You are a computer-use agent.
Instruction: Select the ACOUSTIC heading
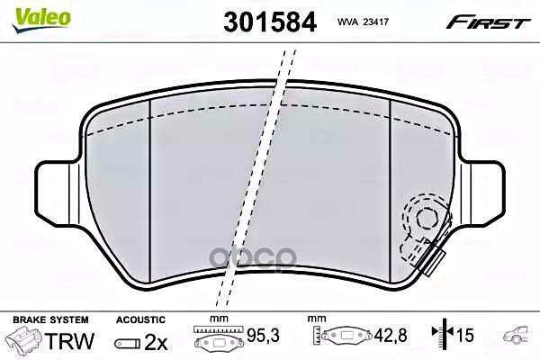[x=139, y=319]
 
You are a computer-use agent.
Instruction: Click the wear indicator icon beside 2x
[x=128, y=342]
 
